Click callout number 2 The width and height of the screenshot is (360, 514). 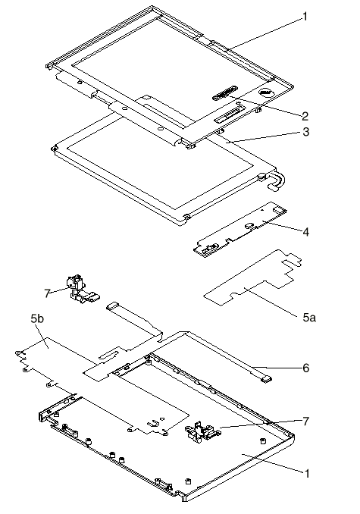[x=305, y=116]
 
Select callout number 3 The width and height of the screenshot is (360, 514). [x=305, y=132]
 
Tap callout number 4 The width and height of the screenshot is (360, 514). [x=305, y=232]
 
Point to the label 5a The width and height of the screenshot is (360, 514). [x=309, y=318]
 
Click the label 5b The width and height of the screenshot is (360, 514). [x=37, y=318]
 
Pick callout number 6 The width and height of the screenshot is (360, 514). [x=305, y=368]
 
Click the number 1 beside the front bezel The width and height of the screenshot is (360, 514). [x=305, y=16]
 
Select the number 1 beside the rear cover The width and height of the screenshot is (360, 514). [x=307, y=473]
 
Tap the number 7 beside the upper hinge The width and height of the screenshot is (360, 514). [x=47, y=293]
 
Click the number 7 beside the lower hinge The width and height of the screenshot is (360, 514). [x=305, y=422]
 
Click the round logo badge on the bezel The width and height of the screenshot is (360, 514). [x=265, y=92]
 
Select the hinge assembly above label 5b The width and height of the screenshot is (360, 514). [x=80, y=287]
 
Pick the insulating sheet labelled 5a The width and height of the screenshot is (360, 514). [x=253, y=278]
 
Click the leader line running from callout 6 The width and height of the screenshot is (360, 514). [x=277, y=367]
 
